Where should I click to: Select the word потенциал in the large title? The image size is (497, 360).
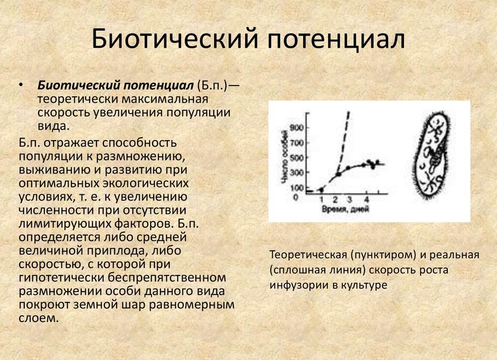(x=337, y=39)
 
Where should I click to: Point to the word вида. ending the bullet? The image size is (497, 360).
(x=53, y=126)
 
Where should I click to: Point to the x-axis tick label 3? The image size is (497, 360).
(x=349, y=199)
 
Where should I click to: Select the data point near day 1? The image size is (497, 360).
(x=321, y=189)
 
